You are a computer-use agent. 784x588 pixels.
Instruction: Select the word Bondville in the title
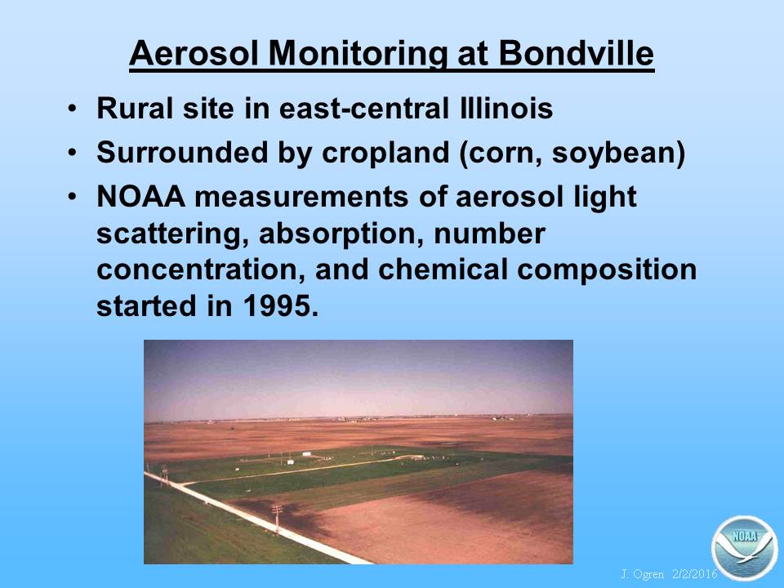coord(576,53)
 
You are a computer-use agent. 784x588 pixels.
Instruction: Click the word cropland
coord(385,152)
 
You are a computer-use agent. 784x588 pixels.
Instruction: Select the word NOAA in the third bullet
coord(141,196)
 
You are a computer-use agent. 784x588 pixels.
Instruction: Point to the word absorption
coord(337,234)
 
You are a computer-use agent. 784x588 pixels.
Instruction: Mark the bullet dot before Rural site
coord(73,109)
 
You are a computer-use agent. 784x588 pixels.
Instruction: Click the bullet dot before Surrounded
coord(73,153)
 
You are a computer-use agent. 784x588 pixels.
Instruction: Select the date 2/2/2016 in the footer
coord(695,574)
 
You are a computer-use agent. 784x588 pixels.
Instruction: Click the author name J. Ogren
coord(643,574)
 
